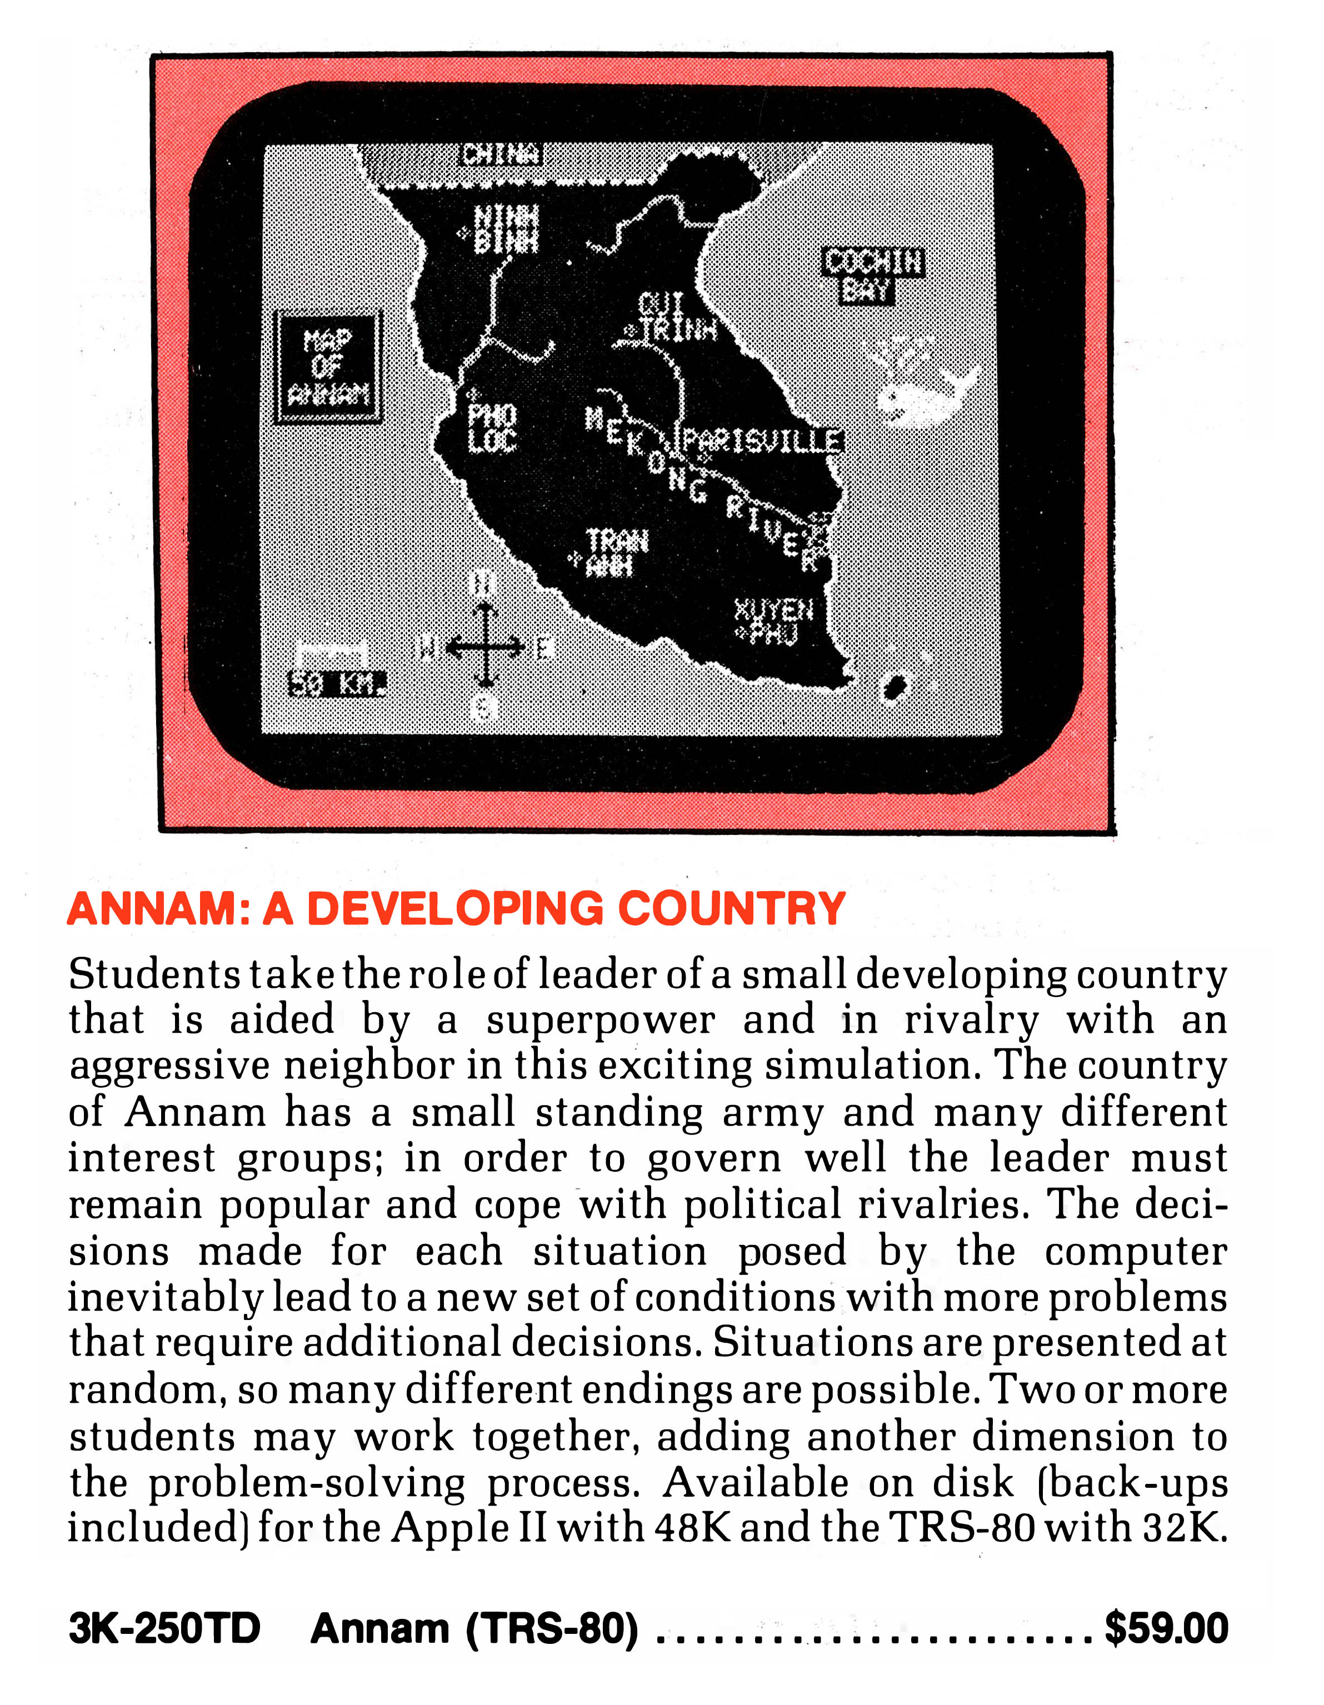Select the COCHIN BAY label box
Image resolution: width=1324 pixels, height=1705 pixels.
[x=873, y=275]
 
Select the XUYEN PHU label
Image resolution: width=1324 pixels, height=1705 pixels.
[x=773, y=622]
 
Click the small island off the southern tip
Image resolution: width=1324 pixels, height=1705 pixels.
[x=892, y=688]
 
